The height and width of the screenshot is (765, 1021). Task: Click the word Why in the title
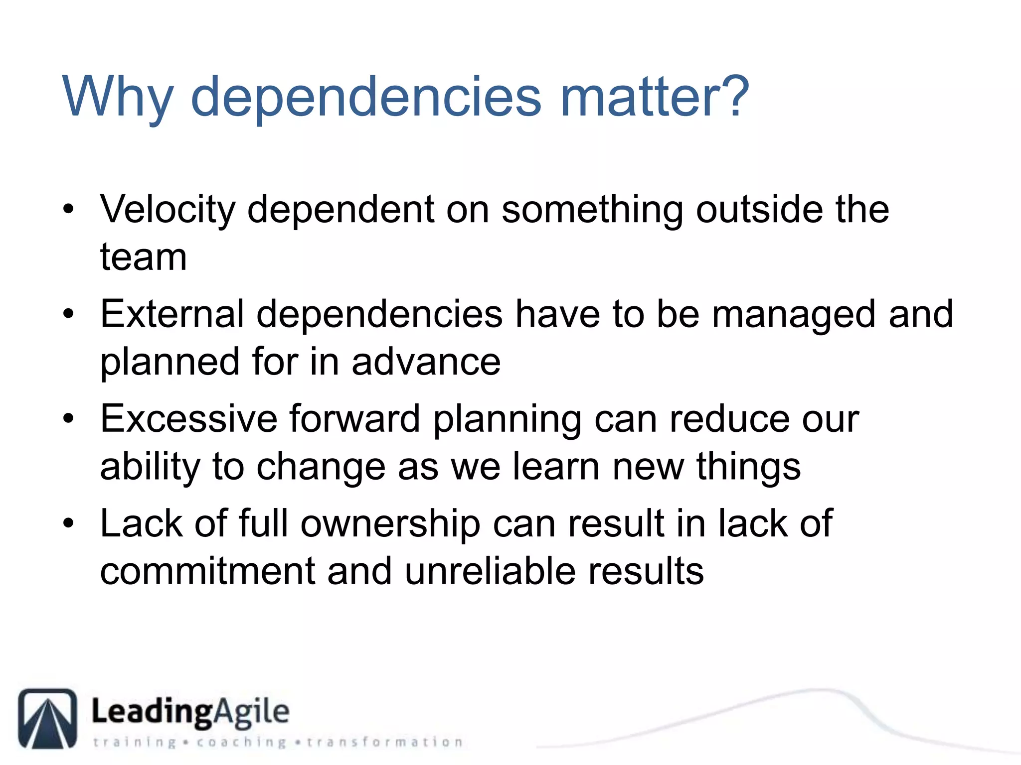[118, 97]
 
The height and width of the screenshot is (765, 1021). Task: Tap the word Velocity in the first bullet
[167, 210]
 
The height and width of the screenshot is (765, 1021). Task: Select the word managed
[794, 315]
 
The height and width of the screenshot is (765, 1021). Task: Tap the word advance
[426, 362]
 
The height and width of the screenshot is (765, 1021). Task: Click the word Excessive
[188, 419]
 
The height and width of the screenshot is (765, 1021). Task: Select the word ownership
[390, 524]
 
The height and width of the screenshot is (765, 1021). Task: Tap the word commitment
[207, 571]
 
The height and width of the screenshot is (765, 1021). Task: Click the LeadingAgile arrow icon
[48, 718]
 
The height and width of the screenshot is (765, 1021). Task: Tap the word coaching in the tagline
[241, 743]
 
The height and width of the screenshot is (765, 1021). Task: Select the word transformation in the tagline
[384, 743]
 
